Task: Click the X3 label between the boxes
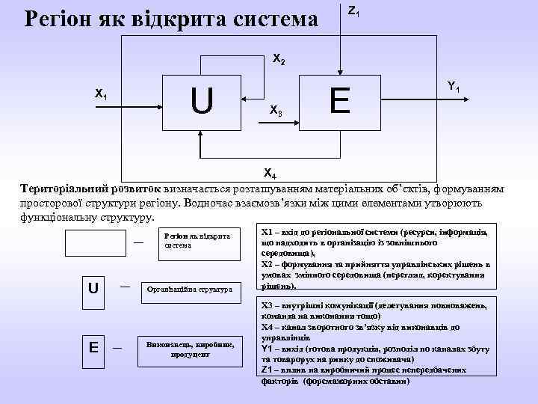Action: point(276,111)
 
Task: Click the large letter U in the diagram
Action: point(201,101)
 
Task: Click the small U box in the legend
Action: point(93,287)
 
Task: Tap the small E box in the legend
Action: point(93,347)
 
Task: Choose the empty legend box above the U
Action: point(95,243)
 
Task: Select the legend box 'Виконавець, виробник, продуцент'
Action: point(190,349)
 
